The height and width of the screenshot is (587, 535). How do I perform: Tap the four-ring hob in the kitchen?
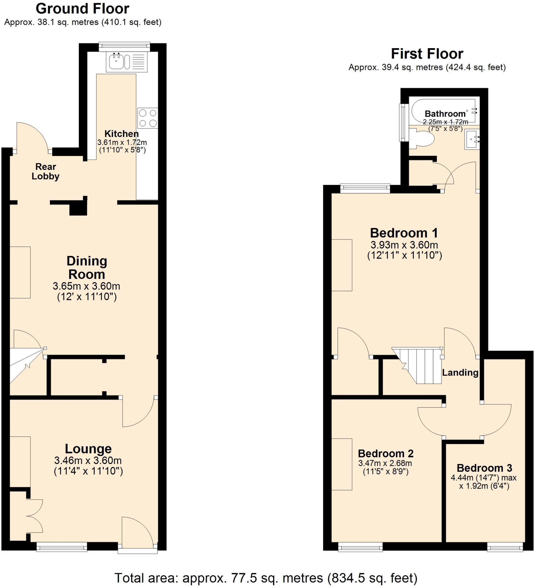tap(148, 118)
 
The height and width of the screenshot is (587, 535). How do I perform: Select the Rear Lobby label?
tap(45, 171)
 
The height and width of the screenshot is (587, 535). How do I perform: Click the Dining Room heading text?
tap(87, 267)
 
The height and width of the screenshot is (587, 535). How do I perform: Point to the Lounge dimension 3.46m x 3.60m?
tap(88, 460)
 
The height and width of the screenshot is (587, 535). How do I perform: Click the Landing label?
tap(460, 372)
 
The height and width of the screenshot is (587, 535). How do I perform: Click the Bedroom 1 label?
tap(404, 233)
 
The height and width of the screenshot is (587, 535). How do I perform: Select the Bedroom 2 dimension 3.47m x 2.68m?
tap(385, 463)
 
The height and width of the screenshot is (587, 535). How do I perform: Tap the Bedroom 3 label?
tap(484, 468)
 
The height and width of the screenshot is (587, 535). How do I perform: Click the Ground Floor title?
tap(82, 9)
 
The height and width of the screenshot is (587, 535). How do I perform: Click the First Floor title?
tap(427, 54)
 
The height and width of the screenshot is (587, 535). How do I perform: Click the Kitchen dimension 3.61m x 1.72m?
tap(122, 142)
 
